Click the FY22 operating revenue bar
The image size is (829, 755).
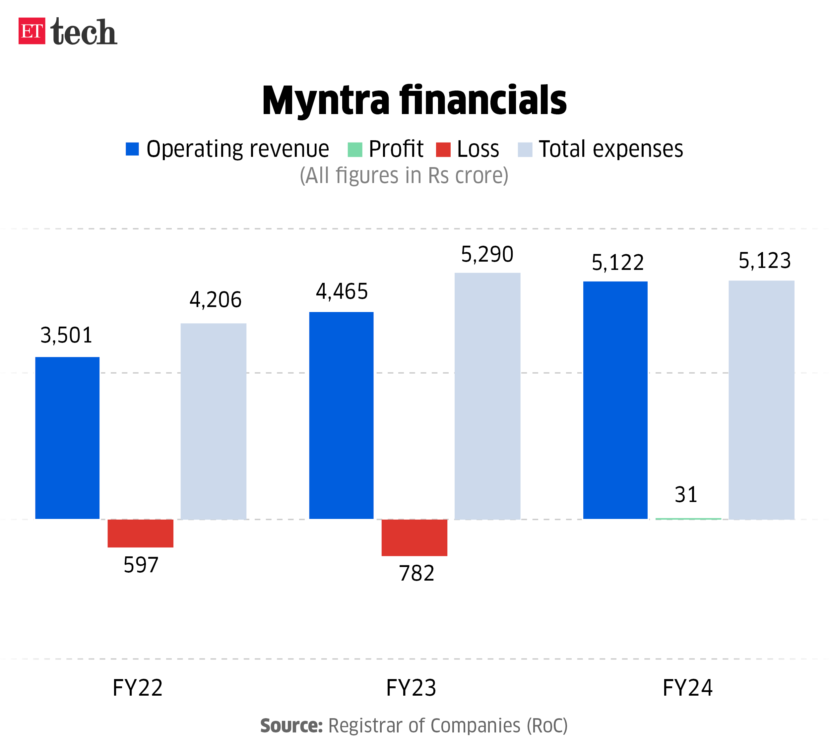click(67, 438)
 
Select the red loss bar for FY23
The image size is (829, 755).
click(414, 537)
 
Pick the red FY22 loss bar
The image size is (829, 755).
click(140, 534)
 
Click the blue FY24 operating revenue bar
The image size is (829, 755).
click(615, 400)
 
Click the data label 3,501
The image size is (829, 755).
click(66, 335)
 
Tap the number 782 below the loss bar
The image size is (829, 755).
click(416, 573)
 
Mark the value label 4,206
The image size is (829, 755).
click(216, 299)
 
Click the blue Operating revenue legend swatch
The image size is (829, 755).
click(132, 149)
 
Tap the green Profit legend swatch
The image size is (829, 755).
click(355, 149)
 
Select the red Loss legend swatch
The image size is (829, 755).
click(443, 149)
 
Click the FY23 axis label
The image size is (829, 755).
click(411, 688)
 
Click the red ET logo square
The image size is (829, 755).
click(32, 31)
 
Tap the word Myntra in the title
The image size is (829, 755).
click(326, 101)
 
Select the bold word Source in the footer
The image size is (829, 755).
click(291, 726)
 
